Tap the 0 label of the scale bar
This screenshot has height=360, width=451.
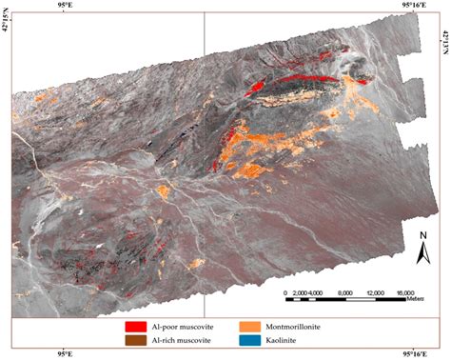[286, 292]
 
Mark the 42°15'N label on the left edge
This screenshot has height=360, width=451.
[7, 38]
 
